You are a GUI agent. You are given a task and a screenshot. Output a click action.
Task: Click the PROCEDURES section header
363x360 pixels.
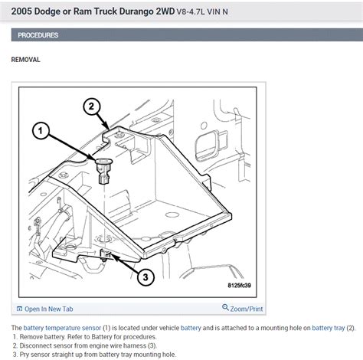coord(39,35)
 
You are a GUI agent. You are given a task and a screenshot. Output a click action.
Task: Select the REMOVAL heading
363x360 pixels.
coord(25,59)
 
